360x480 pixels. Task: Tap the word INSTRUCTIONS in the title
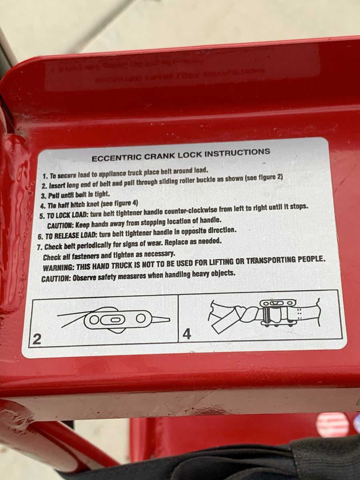237,152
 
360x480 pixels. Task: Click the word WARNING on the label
56,268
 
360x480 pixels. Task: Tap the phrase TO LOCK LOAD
68,215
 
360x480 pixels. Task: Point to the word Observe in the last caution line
84,278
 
